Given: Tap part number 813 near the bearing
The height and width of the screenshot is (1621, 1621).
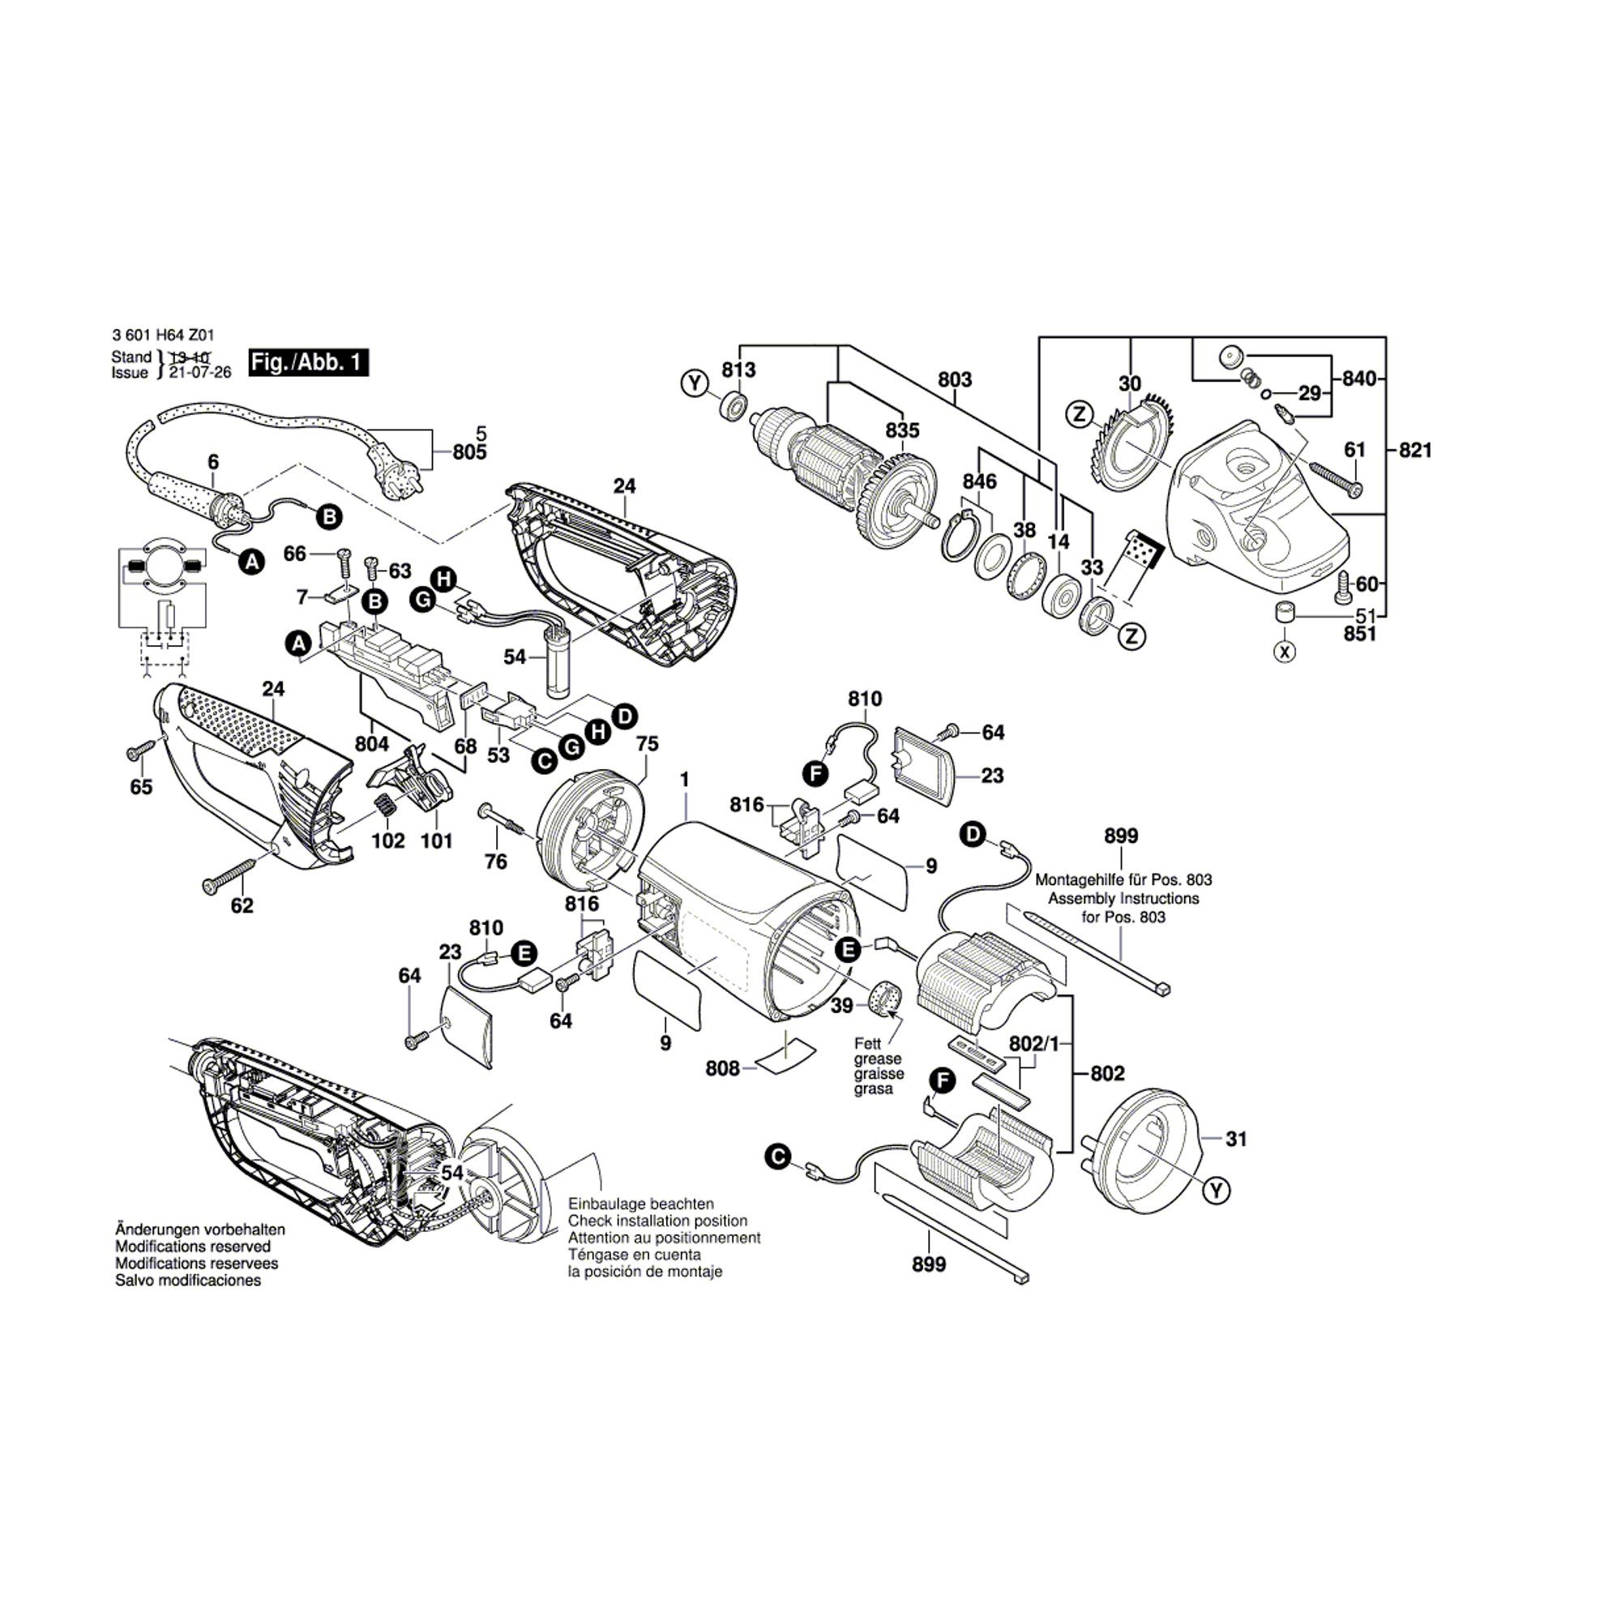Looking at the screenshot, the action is coord(738,370).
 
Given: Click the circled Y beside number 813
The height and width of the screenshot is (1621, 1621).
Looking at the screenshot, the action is coord(694,385).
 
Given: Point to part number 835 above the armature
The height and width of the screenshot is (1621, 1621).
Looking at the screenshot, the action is coord(903,430).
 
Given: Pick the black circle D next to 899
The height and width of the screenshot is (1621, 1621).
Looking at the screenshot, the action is coord(973,834).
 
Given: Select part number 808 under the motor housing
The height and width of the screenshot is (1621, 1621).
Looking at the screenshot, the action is coord(722,1068).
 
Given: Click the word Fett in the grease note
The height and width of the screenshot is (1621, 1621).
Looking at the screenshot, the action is coord(867,1044).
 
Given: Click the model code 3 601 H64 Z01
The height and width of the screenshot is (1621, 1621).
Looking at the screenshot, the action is coord(156,335).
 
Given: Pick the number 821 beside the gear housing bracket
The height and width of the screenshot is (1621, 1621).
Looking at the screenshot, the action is coord(1414,451).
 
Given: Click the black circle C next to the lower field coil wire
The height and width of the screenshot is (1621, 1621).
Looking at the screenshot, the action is coord(778,1157).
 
